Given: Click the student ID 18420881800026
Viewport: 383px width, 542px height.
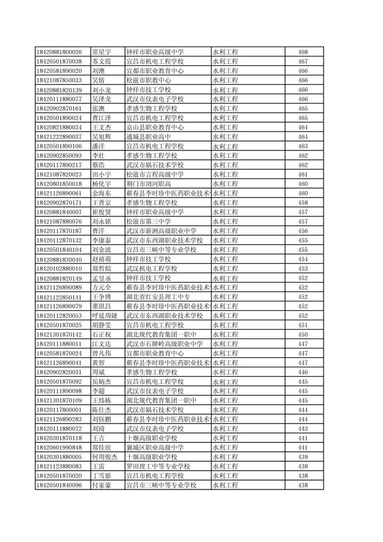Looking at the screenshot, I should click(58, 52).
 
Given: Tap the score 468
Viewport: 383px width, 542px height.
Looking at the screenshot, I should click(303, 52).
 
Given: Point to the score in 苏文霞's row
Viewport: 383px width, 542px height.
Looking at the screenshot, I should click(303, 61).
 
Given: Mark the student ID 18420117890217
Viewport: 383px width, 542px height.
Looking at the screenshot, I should click(58, 165).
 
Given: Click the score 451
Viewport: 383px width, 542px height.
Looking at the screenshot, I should click(303, 325).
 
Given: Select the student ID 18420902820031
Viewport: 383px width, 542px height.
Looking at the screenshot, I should click(58, 372).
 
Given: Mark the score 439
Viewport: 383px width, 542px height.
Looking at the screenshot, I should click(303, 456).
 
